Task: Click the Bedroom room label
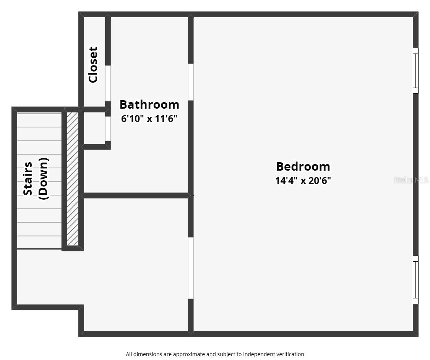coord(303,167)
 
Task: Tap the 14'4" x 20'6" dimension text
coord(303,181)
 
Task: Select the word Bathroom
coord(149,104)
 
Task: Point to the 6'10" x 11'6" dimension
coord(149,119)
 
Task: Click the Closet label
coord(93,65)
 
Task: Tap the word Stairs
coord(28,179)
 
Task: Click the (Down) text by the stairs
coord(43,179)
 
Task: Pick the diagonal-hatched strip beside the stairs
coord(73,179)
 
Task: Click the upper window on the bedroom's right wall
coord(415,71)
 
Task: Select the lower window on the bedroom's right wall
coord(415,280)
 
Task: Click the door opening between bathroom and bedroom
coord(190,82)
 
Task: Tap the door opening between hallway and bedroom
coord(190,268)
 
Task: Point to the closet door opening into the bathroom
coord(108,83)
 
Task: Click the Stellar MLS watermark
coord(411,180)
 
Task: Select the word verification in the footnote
coord(290,354)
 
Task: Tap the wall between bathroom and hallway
coord(136,195)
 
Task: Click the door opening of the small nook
coord(108,129)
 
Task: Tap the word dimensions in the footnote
coord(148,354)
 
